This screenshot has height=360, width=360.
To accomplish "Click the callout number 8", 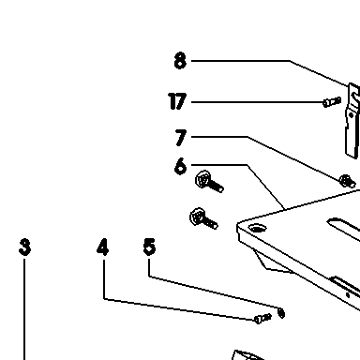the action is click(x=180, y=61).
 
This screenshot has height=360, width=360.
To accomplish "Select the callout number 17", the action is click(x=177, y=101).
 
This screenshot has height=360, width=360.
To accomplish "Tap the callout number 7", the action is click(x=181, y=138).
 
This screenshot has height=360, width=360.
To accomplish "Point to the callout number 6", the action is click(x=180, y=166).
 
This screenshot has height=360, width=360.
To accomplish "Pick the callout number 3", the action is click(x=25, y=247).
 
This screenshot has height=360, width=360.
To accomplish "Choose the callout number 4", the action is click(x=103, y=247).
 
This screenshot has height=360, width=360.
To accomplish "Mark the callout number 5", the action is click(x=149, y=247).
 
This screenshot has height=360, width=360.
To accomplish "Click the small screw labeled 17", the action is click(x=332, y=102).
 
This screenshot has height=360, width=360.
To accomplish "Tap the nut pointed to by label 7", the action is click(x=347, y=181).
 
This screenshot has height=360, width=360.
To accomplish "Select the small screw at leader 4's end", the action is click(x=262, y=319).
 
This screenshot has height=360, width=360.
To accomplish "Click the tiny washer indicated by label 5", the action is click(x=281, y=313).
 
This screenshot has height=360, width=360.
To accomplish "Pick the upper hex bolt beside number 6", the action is click(x=209, y=182).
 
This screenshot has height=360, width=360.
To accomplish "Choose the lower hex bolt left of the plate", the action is click(x=203, y=218).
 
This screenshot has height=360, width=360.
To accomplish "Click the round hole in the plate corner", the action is click(x=257, y=229).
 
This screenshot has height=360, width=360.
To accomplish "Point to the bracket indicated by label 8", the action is click(x=352, y=120).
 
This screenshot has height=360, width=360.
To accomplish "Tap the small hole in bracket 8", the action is click(x=351, y=115).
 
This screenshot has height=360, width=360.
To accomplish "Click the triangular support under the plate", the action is click(x=273, y=261).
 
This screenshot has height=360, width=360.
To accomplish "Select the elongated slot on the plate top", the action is click(x=343, y=227).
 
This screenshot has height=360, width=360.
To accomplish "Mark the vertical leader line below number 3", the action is click(x=24, y=309).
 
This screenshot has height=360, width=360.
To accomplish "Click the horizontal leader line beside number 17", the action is click(x=257, y=102).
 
